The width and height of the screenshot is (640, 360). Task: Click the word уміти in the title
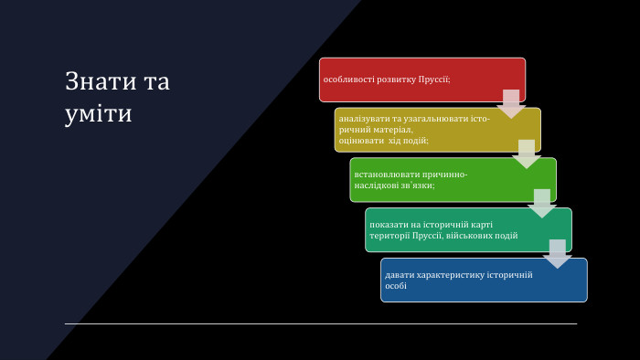pyautogui.click(x=98, y=114)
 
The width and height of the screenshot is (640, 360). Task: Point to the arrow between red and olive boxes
pyautogui.click(x=511, y=103)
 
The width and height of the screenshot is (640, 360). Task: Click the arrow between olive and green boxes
pyautogui.click(x=527, y=154)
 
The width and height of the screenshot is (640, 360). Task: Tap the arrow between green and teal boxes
pyautogui.click(x=542, y=203)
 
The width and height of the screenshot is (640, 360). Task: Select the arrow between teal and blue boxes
pyautogui.click(x=558, y=253)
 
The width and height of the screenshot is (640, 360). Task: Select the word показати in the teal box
pyautogui.click(x=388, y=224)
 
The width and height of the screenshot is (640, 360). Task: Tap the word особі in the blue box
pyautogui.click(x=396, y=286)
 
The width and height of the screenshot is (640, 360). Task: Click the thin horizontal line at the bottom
pyautogui.click(x=320, y=323)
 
